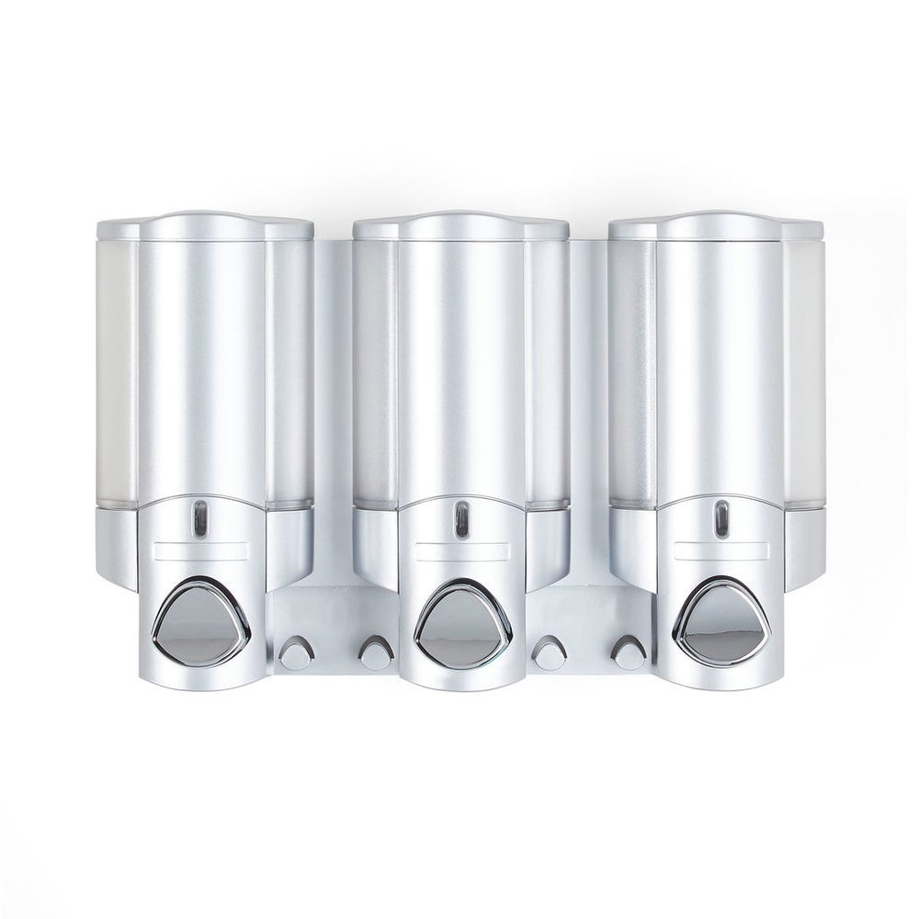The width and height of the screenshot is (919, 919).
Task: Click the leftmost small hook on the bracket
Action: (295, 652)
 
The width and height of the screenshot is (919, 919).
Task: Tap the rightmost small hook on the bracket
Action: (629, 652)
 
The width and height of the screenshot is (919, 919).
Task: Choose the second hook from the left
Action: (372, 652)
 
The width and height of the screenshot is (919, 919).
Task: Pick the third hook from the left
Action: (551, 652)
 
